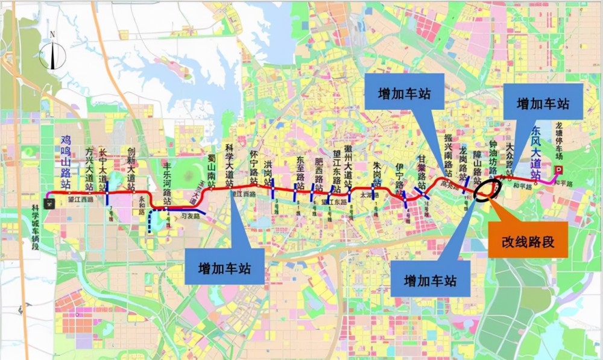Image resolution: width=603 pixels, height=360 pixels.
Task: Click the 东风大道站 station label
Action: [535, 151]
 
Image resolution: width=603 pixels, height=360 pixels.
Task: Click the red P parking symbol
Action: [558, 170]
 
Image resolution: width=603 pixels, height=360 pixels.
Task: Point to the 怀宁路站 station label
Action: [253, 168]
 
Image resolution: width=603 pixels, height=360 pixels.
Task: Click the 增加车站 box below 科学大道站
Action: [225, 266]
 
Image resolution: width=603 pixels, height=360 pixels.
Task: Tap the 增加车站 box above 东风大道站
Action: [543, 102]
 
